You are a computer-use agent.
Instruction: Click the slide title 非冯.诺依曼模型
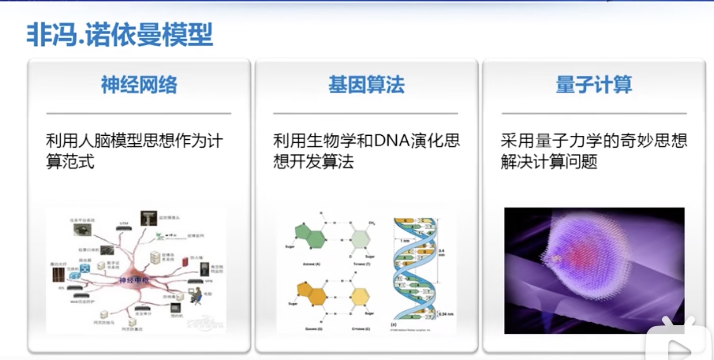pyautogui.click(x=120, y=35)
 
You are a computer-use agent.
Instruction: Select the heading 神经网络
pyautogui.click(x=139, y=85)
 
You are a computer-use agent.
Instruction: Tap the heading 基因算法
pyautogui.click(x=366, y=85)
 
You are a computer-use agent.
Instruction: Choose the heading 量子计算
pyautogui.click(x=594, y=85)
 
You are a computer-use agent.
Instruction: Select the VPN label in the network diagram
pyautogui.click(x=207, y=281)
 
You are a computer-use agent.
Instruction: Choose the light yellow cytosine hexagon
pyautogui.click(x=360, y=297)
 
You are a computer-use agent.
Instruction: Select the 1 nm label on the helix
pyautogui.click(x=405, y=240)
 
